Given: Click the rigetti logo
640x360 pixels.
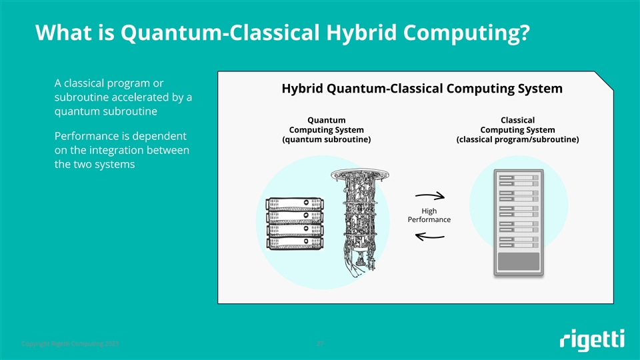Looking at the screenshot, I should coord(592,340).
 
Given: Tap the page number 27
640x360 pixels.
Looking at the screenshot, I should coord(320,344).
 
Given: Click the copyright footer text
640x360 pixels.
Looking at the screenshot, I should coord(71,344).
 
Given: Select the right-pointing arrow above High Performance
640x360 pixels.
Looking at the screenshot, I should coord(429,196).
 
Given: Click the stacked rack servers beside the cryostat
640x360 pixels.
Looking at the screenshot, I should coord(294,223).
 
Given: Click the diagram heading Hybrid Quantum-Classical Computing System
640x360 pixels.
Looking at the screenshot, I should coord(422,89).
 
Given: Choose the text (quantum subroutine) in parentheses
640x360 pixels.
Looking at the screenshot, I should coord(327,140).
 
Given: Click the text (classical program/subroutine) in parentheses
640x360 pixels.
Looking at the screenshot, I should coord(517,140).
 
